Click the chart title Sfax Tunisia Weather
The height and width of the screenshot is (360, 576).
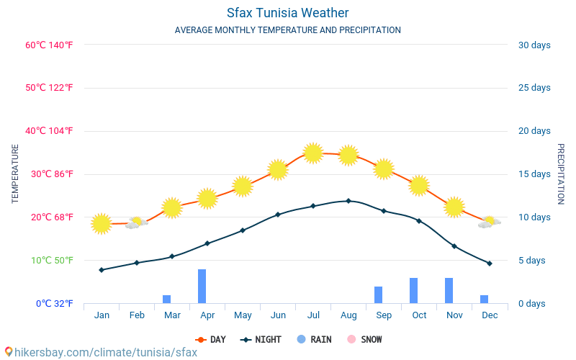(287, 13)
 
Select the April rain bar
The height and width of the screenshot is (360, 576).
(202, 286)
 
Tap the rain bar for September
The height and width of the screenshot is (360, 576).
(379, 295)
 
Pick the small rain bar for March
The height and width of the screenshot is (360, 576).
(167, 300)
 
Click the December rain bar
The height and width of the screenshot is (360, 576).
(484, 300)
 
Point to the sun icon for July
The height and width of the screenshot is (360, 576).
(313, 153)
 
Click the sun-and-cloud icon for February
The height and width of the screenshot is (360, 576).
(137, 222)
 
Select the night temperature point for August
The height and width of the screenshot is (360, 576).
(348, 201)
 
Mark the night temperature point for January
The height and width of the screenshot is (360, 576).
(102, 270)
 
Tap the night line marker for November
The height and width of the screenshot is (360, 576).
(454, 246)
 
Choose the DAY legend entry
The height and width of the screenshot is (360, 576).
(210, 339)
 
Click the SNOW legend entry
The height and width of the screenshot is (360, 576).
(364, 339)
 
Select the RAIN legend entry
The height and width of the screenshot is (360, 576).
(314, 339)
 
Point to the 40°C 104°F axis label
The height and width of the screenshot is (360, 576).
(49, 131)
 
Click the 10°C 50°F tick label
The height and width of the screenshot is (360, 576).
(52, 261)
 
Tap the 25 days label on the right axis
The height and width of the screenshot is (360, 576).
(534, 88)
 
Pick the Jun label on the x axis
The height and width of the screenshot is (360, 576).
(278, 315)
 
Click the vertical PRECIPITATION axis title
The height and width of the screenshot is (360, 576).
(561, 174)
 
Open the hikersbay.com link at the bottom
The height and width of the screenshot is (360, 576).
(106, 352)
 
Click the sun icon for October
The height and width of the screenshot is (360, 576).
(419, 186)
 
